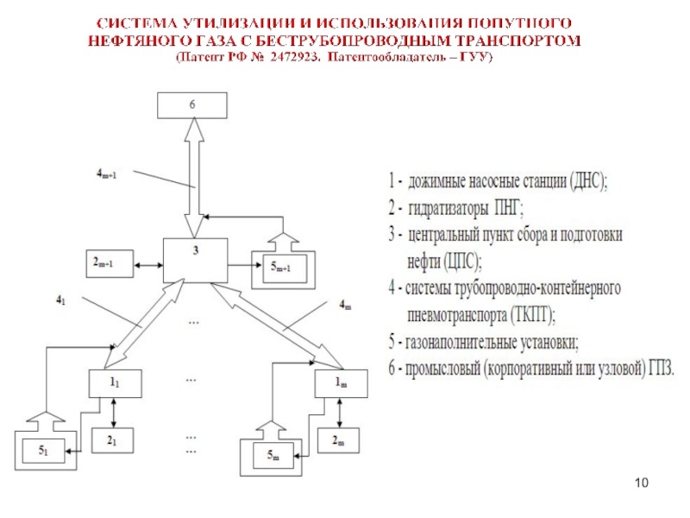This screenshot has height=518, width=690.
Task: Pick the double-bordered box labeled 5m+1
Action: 282,266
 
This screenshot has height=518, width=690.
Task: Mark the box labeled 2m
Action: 340,440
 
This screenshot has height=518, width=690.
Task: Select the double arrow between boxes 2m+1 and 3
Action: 148,262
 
